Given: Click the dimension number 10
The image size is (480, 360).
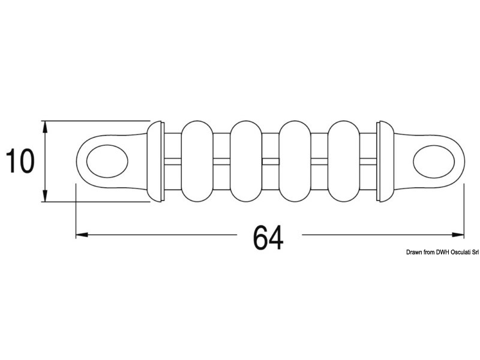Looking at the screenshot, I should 20,161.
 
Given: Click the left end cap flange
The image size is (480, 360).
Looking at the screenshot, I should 156,161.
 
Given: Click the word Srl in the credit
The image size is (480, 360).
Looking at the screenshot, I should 467,253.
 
